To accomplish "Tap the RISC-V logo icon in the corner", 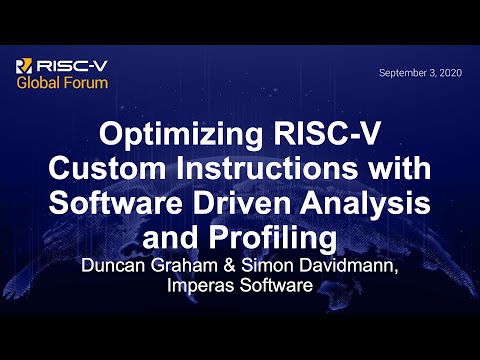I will tap(25, 66).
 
